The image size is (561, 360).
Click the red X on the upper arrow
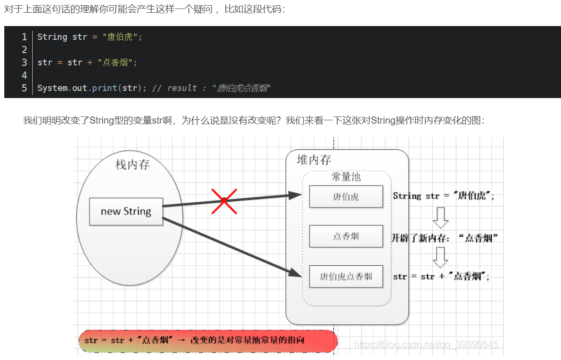[224, 201]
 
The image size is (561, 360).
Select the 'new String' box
[126, 211]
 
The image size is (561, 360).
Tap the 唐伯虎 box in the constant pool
[346, 197]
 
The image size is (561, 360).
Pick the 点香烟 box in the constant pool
[346, 236]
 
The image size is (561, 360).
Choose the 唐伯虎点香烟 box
[346, 276]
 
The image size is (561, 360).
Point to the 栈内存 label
[133, 165]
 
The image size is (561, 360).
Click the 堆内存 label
[314, 160]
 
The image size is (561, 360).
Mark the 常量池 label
[346, 177]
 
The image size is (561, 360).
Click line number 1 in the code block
[24, 37]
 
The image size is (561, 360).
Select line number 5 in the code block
[24, 88]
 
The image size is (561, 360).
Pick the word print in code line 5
[105, 88]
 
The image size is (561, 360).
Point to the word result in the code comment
[182, 88]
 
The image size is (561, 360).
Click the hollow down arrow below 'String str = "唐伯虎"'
[440, 217]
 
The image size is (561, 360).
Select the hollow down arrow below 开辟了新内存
[440, 257]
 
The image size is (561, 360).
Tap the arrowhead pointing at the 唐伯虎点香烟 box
[295, 272]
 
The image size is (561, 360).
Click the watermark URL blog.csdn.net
[426, 344]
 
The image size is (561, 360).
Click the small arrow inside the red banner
[181, 340]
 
